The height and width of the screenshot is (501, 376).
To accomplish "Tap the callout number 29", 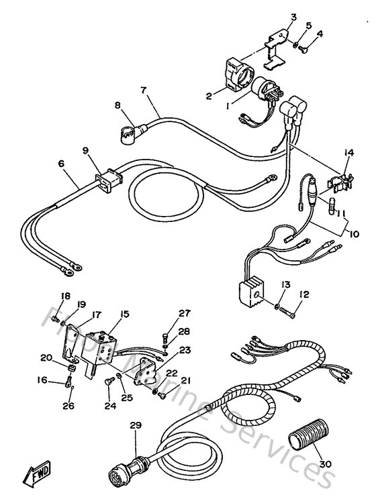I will click(136, 425).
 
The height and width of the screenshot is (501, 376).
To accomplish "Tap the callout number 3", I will click(293, 17).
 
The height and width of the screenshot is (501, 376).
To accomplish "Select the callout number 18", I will click(65, 296).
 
